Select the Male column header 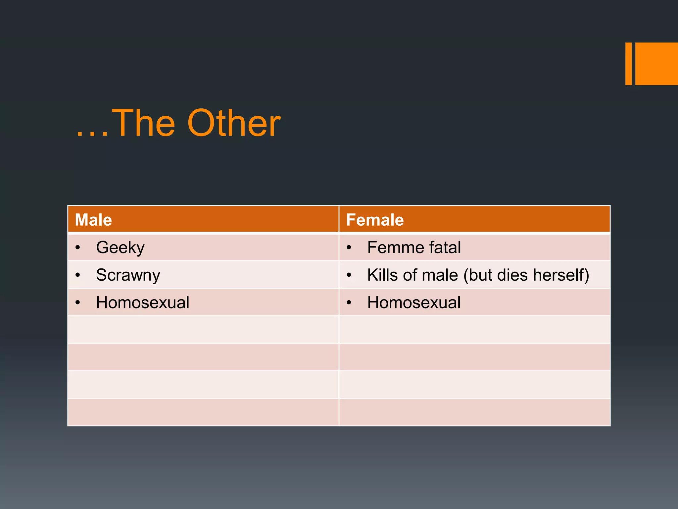pyautogui.click(x=93, y=220)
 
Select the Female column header pyautogui.click(x=375, y=220)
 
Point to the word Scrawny pyautogui.click(x=128, y=275)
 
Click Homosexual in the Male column pyautogui.click(x=142, y=302)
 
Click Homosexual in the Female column pyautogui.click(x=414, y=302)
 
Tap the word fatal pyautogui.click(x=445, y=247)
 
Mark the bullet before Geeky pyautogui.click(x=77, y=247)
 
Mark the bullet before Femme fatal pyautogui.click(x=349, y=247)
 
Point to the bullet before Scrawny pyautogui.click(x=77, y=275)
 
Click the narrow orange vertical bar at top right pyautogui.click(x=628, y=64)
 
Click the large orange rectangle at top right pyautogui.click(x=656, y=64)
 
